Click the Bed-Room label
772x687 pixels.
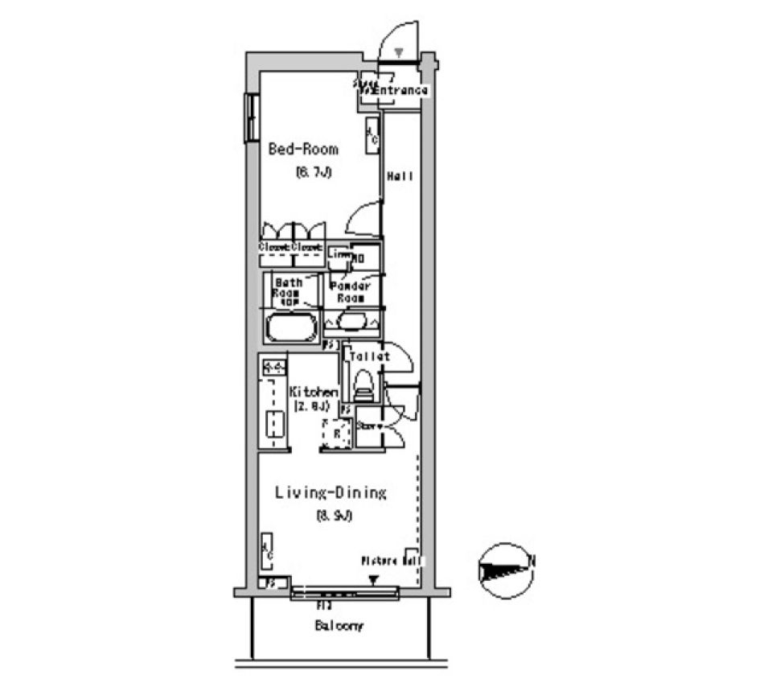tap(303, 149)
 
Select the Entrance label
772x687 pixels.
tap(400, 90)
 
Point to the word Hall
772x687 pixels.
tap(400, 176)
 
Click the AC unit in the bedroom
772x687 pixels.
tap(372, 135)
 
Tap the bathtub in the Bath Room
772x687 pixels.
tap(290, 328)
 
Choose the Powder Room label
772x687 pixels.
tap(351, 291)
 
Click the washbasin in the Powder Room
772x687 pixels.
tap(351, 321)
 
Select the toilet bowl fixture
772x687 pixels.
tap(363, 384)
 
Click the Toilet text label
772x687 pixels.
tap(369, 356)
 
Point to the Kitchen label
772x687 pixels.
tap(314, 392)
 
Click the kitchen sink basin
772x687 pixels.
tap(273, 425)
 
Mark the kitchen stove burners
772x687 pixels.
tap(273, 368)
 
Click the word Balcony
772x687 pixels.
tap(339, 625)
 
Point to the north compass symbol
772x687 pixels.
tap(505, 570)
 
